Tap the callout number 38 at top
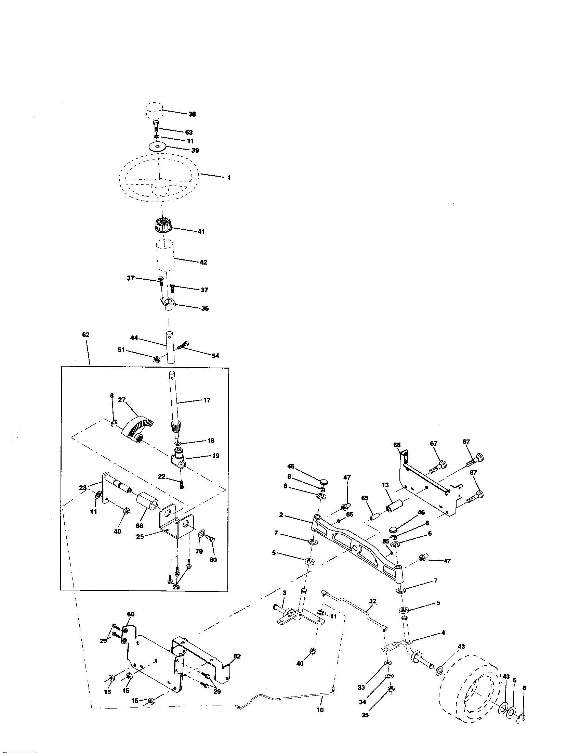192,114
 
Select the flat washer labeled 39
157,147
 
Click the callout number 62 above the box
86,334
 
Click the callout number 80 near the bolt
213,560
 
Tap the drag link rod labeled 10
293,698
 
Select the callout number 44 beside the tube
134,338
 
